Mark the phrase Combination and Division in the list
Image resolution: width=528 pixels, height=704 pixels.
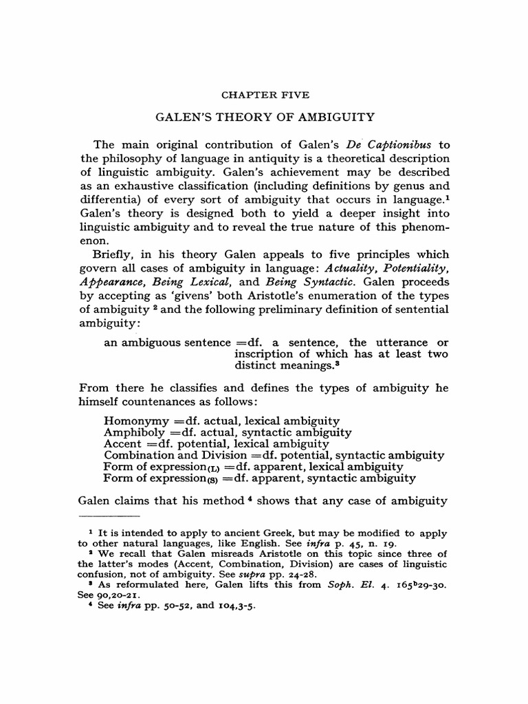(x=166, y=455)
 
